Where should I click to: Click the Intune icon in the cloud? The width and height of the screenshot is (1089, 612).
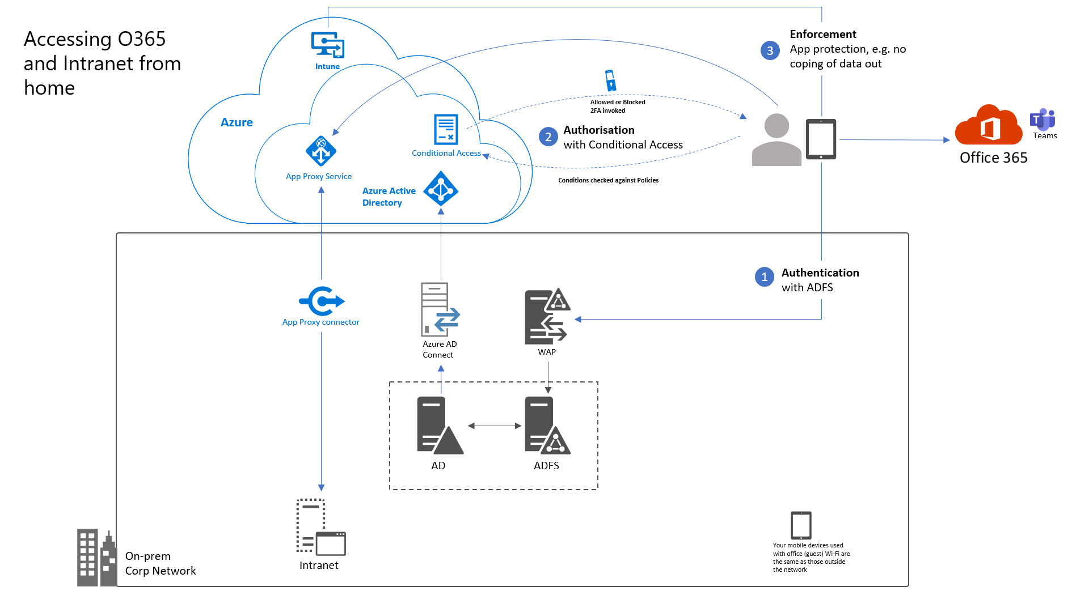click(328, 45)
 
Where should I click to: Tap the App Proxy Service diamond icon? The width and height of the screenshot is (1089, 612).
click(321, 151)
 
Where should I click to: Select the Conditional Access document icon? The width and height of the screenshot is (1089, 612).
click(446, 129)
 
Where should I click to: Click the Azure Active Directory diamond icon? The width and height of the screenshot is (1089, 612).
click(441, 189)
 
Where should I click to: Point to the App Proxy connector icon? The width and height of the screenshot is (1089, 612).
click(322, 301)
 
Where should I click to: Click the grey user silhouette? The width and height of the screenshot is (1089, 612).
click(776, 140)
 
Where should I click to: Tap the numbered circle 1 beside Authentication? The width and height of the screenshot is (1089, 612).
click(764, 277)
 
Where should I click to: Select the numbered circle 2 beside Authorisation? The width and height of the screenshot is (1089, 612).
click(548, 137)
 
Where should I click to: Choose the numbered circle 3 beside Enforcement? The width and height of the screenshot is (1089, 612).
click(770, 50)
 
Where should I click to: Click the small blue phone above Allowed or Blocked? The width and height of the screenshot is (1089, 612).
click(610, 80)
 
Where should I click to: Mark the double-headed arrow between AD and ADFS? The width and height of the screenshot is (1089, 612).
click(495, 426)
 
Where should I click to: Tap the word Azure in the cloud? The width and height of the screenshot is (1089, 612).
click(237, 122)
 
